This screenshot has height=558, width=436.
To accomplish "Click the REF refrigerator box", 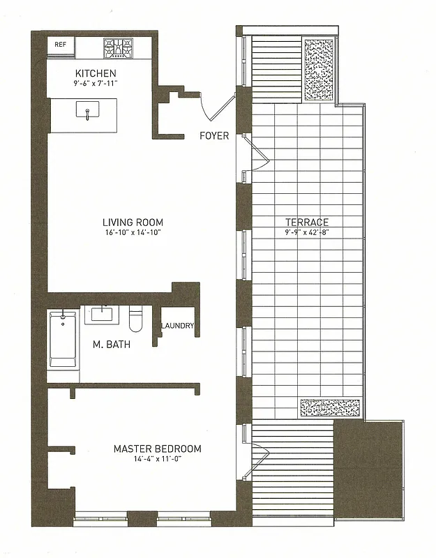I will point(61,45).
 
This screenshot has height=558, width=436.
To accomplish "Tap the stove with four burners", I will point(118,47).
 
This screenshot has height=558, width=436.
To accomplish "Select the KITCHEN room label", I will point(96,73).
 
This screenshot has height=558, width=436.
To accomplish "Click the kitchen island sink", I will point(87,111).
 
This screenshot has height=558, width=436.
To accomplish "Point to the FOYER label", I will point(214,135).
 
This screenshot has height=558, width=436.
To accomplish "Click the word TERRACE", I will point(306,222).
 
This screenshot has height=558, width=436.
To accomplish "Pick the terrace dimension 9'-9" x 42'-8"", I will point(306,232).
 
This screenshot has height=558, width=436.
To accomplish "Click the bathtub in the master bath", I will point(63,341).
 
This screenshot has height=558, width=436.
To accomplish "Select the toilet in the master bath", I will point(137,318).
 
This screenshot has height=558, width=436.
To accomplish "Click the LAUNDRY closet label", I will point(177,326).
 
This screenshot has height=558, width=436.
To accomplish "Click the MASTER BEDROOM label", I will point(157,448).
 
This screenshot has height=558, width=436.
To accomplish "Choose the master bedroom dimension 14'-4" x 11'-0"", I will point(157,459).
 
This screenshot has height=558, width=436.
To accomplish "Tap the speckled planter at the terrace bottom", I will point(329,408).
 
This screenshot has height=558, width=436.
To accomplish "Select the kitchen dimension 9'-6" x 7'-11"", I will point(96,84).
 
